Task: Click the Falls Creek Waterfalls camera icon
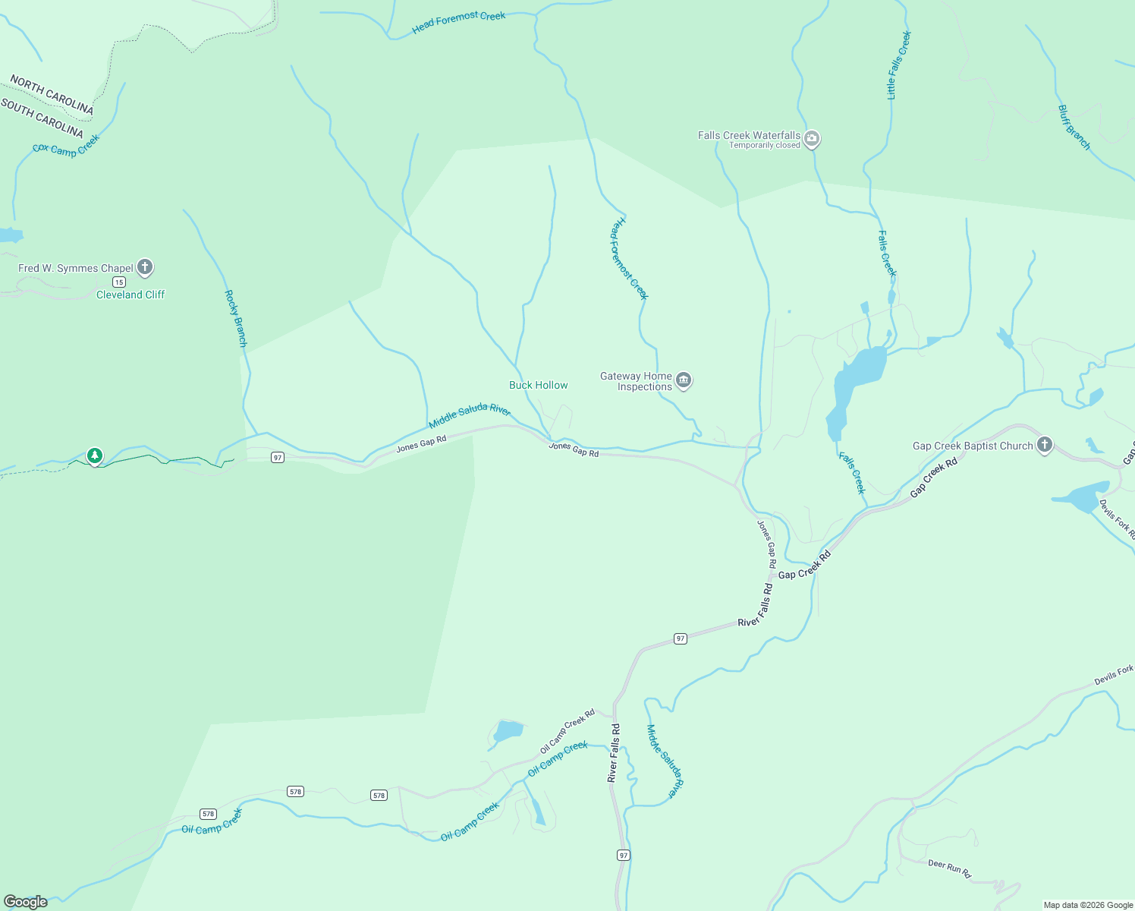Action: (x=812, y=139)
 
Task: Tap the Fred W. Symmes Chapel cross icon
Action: (x=145, y=267)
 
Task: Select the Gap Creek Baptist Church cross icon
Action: (x=1045, y=445)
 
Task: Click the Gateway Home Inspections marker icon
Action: (x=684, y=380)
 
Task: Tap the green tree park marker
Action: (x=94, y=455)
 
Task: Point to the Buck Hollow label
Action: (x=538, y=385)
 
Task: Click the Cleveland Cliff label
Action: (x=130, y=295)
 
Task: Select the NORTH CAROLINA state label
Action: (x=52, y=95)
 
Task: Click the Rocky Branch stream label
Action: (x=236, y=318)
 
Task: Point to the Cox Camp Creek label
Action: (x=66, y=145)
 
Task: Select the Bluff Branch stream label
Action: (x=1074, y=128)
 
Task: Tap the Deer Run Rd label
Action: (x=949, y=868)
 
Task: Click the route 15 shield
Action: (x=119, y=282)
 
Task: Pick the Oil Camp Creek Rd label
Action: (x=567, y=731)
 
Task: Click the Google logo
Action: (x=26, y=902)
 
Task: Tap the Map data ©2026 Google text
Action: (x=1087, y=905)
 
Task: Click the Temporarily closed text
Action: (x=764, y=145)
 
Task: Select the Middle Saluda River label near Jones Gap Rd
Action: (x=470, y=415)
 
